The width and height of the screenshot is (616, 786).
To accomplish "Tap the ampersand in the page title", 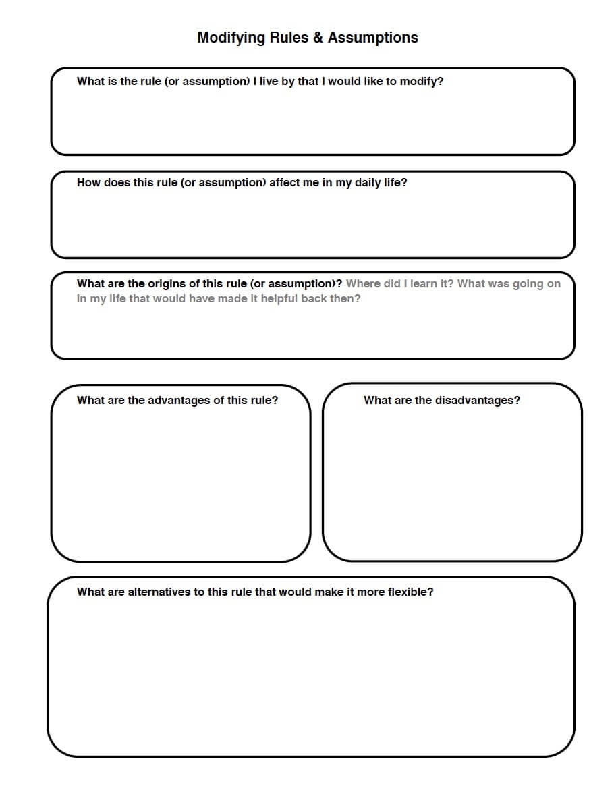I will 318,38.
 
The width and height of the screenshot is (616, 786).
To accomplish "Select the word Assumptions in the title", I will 373,38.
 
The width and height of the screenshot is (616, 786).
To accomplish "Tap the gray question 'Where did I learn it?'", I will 400,284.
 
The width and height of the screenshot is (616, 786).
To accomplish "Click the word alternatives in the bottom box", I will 159,592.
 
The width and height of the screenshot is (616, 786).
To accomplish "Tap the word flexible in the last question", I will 410,592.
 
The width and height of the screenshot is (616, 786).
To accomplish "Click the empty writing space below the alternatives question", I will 310,675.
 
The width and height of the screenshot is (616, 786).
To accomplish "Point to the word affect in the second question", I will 285,183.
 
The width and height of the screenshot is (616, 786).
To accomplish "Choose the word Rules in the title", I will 289,38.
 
